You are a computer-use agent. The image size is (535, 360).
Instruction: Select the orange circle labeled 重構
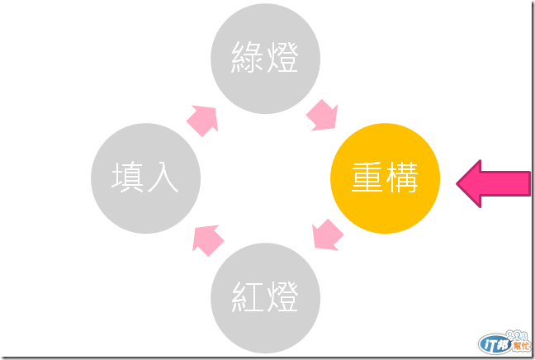coord(385,178)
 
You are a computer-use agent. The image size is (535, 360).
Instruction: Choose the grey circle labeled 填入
coord(145,178)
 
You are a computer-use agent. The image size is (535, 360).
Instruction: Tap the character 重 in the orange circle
coord(367,178)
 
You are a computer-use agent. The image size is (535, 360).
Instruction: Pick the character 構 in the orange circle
coord(402,178)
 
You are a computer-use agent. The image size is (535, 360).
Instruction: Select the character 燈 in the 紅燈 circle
coord(282,296)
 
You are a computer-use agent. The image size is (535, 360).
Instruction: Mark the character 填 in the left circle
coord(128,178)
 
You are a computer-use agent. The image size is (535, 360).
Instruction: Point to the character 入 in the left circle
coord(163,178)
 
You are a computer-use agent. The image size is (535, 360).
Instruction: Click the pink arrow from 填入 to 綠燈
coord(203,119)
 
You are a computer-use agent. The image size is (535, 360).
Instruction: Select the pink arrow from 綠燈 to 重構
coord(323,116)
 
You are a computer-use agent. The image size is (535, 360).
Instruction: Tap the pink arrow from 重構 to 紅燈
coord(328,234)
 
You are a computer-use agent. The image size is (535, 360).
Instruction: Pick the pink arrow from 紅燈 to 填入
coord(209,239)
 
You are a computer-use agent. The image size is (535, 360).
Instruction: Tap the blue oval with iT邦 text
coord(494,343)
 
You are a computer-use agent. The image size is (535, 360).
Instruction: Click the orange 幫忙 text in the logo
coord(520,345)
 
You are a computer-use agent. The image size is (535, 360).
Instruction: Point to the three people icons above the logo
coord(519,333)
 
